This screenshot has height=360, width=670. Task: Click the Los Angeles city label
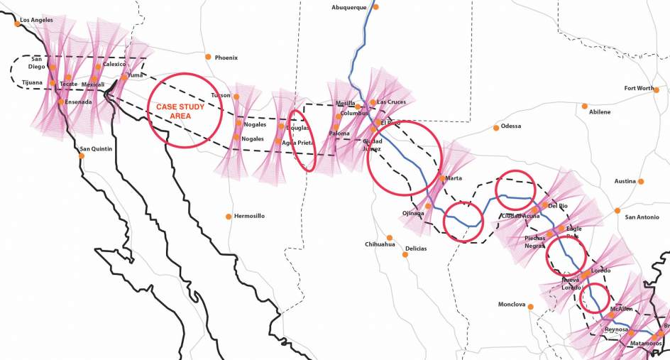click(37, 20)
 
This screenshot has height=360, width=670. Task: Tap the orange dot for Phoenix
click(208, 57)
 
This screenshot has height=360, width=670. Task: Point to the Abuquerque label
click(349, 7)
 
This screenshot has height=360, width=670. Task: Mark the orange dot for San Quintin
click(82, 156)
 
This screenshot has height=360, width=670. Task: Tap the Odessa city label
click(511, 126)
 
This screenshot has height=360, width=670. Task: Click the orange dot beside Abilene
click(585, 106)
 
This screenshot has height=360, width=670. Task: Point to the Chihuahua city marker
click(389, 237)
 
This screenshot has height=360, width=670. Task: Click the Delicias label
click(416, 249)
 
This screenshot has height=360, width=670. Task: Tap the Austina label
click(625, 182)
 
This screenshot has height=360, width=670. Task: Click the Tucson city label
click(221, 95)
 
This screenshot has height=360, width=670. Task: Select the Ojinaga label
click(413, 214)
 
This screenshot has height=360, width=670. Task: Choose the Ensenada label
click(77, 102)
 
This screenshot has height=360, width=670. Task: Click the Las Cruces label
click(392, 102)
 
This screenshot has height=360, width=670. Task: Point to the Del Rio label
click(559, 206)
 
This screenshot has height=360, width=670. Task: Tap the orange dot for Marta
click(442, 178)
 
